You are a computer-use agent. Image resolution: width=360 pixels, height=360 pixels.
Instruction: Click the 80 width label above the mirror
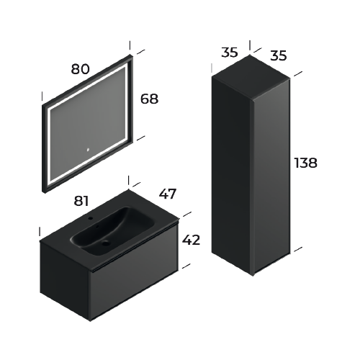point(81,69)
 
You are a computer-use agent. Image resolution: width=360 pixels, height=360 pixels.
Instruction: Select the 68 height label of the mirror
point(148,99)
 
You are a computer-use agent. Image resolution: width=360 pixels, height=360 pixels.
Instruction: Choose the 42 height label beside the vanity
point(192,239)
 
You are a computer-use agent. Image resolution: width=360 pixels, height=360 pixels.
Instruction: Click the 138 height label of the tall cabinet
point(305,163)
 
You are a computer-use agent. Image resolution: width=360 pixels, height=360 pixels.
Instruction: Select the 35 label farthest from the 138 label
point(230,53)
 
